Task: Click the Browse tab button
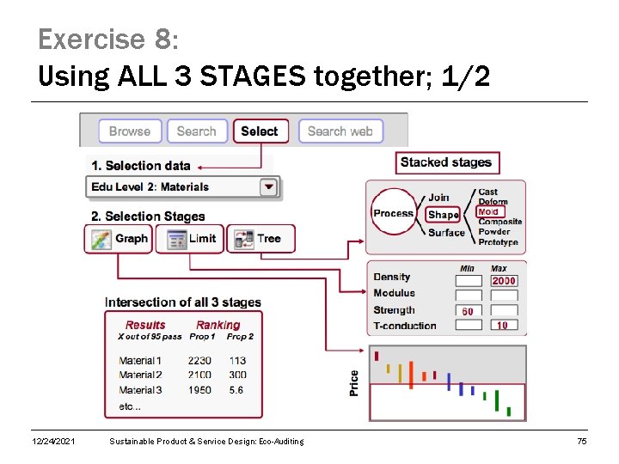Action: pos(130,131)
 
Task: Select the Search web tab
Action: pos(340,131)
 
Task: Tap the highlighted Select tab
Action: pos(260,131)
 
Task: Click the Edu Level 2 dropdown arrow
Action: pos(269,186)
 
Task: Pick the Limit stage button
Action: pos(190,238)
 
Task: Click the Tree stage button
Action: pos(260,238)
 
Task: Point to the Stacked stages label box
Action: pos(446,162)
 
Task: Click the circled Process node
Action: pos(393,213)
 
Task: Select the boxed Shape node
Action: pos(443,215)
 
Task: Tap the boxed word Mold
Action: pos(489,211)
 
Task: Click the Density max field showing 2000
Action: pos(503,281)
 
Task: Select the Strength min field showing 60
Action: pos(468,311)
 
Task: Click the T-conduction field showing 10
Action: pos(503,326)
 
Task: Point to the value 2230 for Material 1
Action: pos(199,361)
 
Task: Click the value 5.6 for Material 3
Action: pos(236,390)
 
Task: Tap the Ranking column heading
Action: pos(218,325)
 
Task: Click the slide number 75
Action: pos(582,442)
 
